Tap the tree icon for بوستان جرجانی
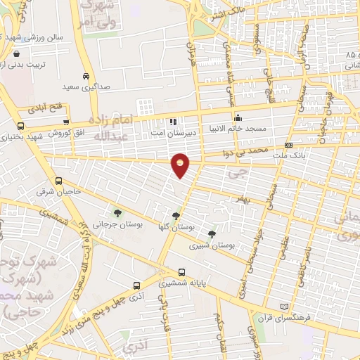click(117, 212)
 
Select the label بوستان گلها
click(176, 226)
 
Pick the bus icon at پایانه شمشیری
click(182, 272)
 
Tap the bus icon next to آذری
click(137, 286)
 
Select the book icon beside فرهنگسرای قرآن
click(284, 307)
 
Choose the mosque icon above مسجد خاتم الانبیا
click(238, 117)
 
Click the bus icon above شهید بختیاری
click(20, 127)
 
